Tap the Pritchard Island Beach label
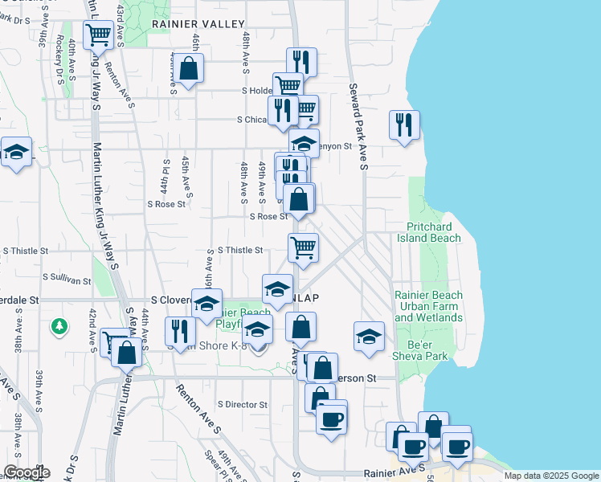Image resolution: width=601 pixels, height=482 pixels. tap(433, 233)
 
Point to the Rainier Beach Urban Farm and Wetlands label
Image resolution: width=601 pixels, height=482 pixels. tap(428, 306)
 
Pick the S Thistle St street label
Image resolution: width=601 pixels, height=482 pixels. tap(239, 251)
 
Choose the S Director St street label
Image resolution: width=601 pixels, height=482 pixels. tap(243, 404)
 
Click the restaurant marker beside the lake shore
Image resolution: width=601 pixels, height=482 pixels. tap(403, 125)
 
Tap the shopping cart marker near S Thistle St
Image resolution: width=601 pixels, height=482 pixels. tap(304, 247)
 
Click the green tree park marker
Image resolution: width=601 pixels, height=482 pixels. tap(59, 326)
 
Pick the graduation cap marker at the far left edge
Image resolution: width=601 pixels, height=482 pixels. tap(15, 151)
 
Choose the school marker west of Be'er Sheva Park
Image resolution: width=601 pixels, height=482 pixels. tap(369, 335)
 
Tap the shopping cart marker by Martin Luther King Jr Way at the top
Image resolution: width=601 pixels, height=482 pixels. tap(99, 35)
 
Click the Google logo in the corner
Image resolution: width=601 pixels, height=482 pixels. tap(26, 472)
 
